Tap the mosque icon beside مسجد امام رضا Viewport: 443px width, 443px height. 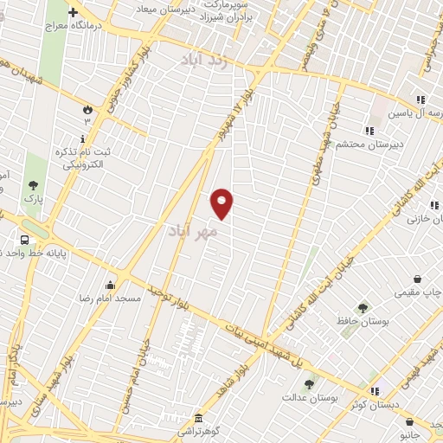coord(111,285)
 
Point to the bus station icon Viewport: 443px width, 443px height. coord(24,239)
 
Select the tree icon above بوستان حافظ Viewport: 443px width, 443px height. coord(363,307)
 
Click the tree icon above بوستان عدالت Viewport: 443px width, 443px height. coord(310,383)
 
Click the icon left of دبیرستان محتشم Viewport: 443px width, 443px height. coord(369,131)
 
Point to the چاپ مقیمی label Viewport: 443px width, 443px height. coord(418,293)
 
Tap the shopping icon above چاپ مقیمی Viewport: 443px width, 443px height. coord(419,279)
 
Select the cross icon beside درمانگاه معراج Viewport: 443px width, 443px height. coord(73,13)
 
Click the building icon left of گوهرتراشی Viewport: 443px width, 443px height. coord(197,416)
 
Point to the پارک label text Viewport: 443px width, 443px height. coord(33,198)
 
